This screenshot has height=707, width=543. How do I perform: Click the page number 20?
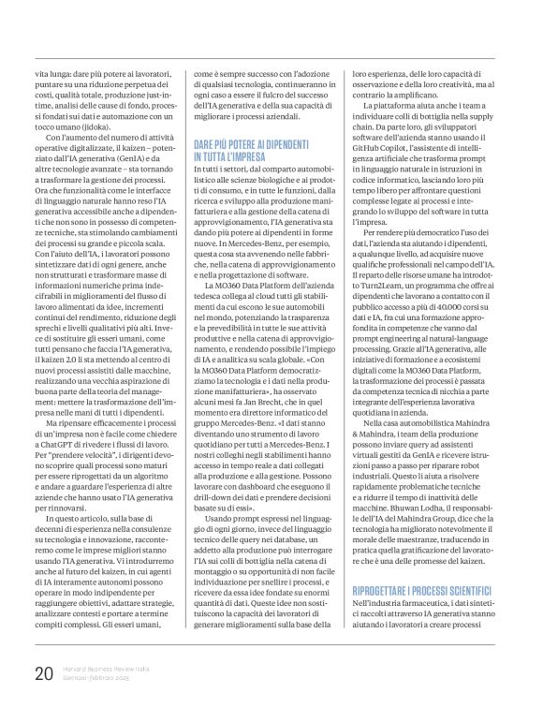(x=42, y=673)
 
